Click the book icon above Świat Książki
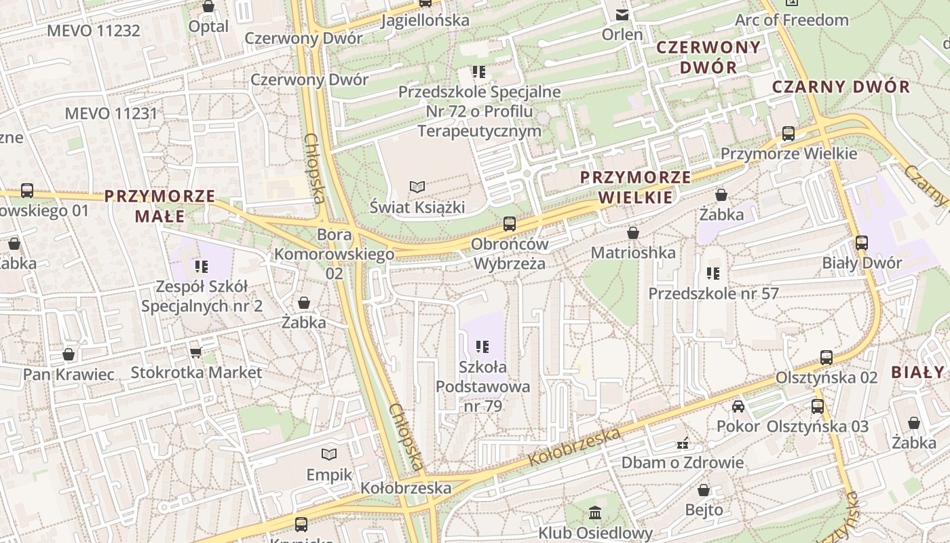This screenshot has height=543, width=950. pos(417,187)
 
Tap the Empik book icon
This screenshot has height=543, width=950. pos(329,454)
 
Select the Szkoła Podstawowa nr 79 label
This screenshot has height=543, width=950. pos(482,386)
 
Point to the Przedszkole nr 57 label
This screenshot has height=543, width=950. pos(713,293)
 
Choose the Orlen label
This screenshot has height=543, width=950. pos(622,34)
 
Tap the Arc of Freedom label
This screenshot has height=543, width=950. pos(792,20)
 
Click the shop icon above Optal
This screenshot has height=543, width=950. pos(208,7)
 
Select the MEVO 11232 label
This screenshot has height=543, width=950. pos(94,31)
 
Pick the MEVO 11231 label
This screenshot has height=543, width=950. pos(111,113)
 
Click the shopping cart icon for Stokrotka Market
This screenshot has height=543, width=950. pos(196,352)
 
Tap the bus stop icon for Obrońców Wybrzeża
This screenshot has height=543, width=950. pos(509,224)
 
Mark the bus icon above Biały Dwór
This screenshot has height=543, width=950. pos(862,243)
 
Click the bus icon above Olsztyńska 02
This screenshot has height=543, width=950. pos(826,358)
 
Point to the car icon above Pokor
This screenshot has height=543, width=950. pos(738,407)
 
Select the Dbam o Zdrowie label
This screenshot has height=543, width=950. pos(683,463)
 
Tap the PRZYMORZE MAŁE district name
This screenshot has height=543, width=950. pos(160,206)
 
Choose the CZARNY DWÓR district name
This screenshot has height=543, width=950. pos(841,87)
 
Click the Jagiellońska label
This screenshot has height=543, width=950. pos(425,20)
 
